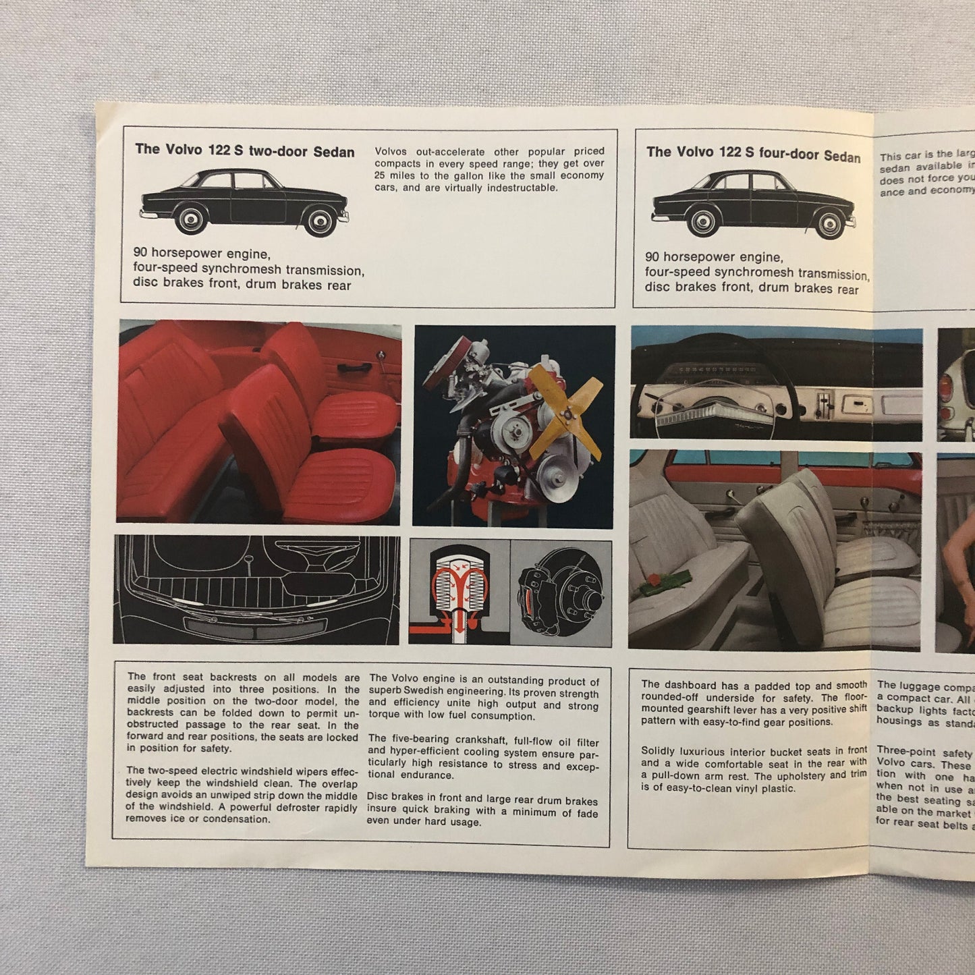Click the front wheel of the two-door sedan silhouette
[318, 219]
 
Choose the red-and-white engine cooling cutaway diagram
[459, 591]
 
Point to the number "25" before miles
[382, 175]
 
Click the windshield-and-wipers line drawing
[256, 589]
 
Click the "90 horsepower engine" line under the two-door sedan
[201, 254]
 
